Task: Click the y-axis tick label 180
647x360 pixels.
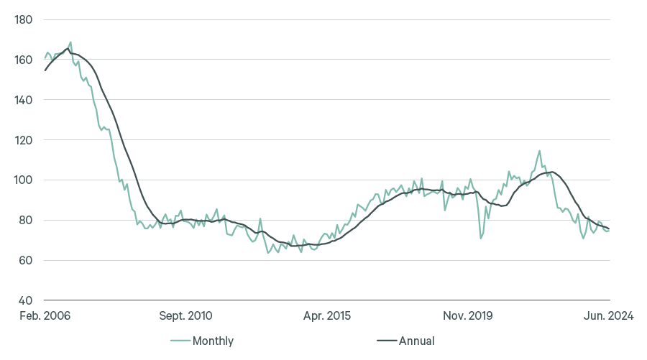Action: [23, 19]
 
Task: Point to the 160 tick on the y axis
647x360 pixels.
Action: [23, 60]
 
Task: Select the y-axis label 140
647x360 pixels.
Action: [23, 100]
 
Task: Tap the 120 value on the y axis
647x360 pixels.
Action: [23, 140]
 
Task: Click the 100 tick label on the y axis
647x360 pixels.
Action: [23, 180]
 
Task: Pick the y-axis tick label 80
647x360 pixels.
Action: [26, 221]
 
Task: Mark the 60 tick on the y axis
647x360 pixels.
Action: [26, 261]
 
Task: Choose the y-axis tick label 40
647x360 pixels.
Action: [26, 301]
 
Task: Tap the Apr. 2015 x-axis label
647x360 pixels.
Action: [327, 315]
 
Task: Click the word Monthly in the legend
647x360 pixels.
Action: [213, 341]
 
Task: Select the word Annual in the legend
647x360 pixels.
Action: [417, 341]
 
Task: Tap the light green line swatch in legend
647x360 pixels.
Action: [180, 341]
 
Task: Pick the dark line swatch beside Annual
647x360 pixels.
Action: [387, 341]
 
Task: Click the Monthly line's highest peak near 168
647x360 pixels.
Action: [70, 42]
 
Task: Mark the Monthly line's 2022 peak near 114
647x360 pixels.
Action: [539, 151]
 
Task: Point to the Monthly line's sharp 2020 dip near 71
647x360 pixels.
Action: [480, 238]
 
